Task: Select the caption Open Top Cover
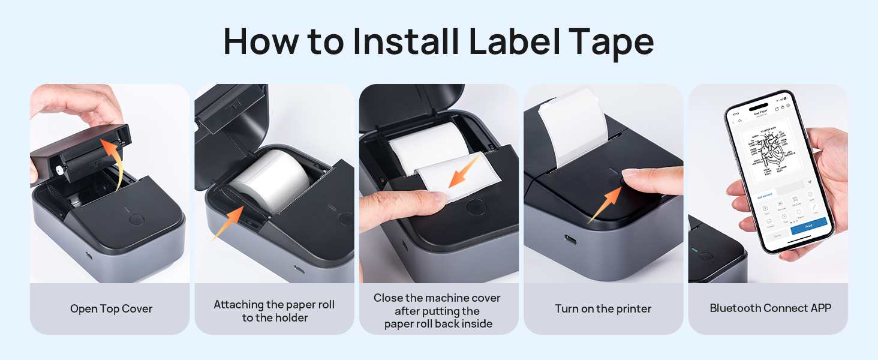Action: click(x=111, y=309)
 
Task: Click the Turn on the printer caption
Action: click(x=603, y=309)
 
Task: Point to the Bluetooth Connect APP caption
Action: click(x=770, y=308)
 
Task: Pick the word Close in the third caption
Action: click(x=389, y=298)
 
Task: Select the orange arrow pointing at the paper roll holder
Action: click(x=228, y=222)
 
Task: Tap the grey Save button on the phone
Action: click(x=777, y=236)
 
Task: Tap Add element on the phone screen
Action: click(x=763, y=196)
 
